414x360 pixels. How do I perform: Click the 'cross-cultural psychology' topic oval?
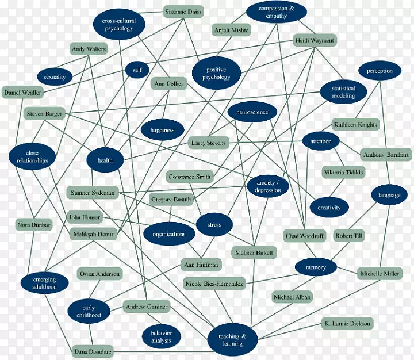118,25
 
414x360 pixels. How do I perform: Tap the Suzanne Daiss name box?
183,11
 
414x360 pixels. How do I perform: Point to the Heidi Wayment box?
315,41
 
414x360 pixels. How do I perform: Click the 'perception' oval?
379,71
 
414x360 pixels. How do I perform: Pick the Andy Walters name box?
89,49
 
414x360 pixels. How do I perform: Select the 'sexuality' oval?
55,76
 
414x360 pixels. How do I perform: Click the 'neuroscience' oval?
252,113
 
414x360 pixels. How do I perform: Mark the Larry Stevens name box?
209,143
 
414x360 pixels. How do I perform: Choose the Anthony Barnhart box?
386,155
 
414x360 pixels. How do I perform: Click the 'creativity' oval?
329,208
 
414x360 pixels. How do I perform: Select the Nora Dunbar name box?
34,225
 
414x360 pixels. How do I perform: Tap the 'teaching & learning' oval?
232,339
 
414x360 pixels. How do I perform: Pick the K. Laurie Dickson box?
347,323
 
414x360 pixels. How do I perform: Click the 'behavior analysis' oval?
162,337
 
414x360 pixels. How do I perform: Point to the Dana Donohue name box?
93,350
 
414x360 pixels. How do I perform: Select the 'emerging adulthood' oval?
45,282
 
